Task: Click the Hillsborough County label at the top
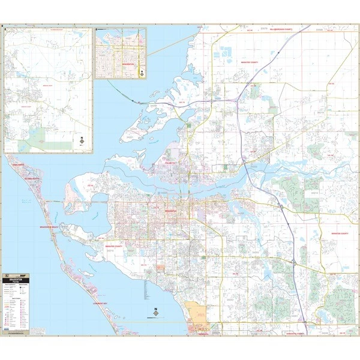point(281,29)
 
